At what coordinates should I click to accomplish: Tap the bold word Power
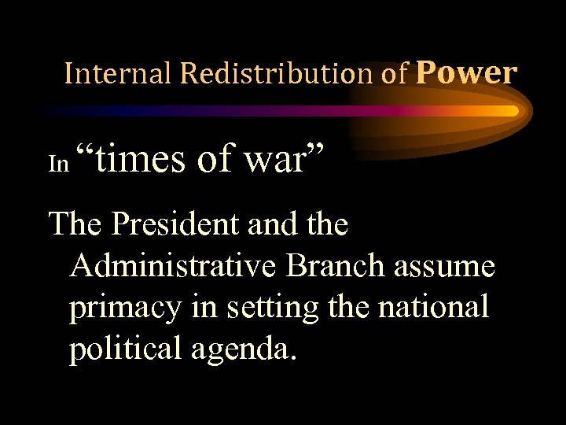tap(466, 72)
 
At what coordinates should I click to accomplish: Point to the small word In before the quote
tap(59, 163)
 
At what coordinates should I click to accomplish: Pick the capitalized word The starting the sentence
tap(76, 225)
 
